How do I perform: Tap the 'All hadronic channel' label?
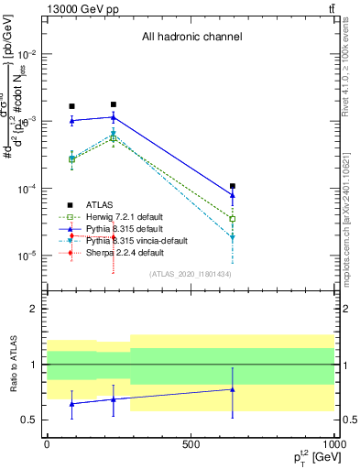[191, 38]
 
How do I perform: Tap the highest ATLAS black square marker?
[114, 104]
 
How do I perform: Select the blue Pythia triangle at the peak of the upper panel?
[114, 116]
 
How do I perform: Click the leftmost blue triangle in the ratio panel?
[71, 403]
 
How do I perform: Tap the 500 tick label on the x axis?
[191, 443]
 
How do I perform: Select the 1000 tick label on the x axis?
[333, 443]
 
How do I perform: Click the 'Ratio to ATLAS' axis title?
[12, 365]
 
